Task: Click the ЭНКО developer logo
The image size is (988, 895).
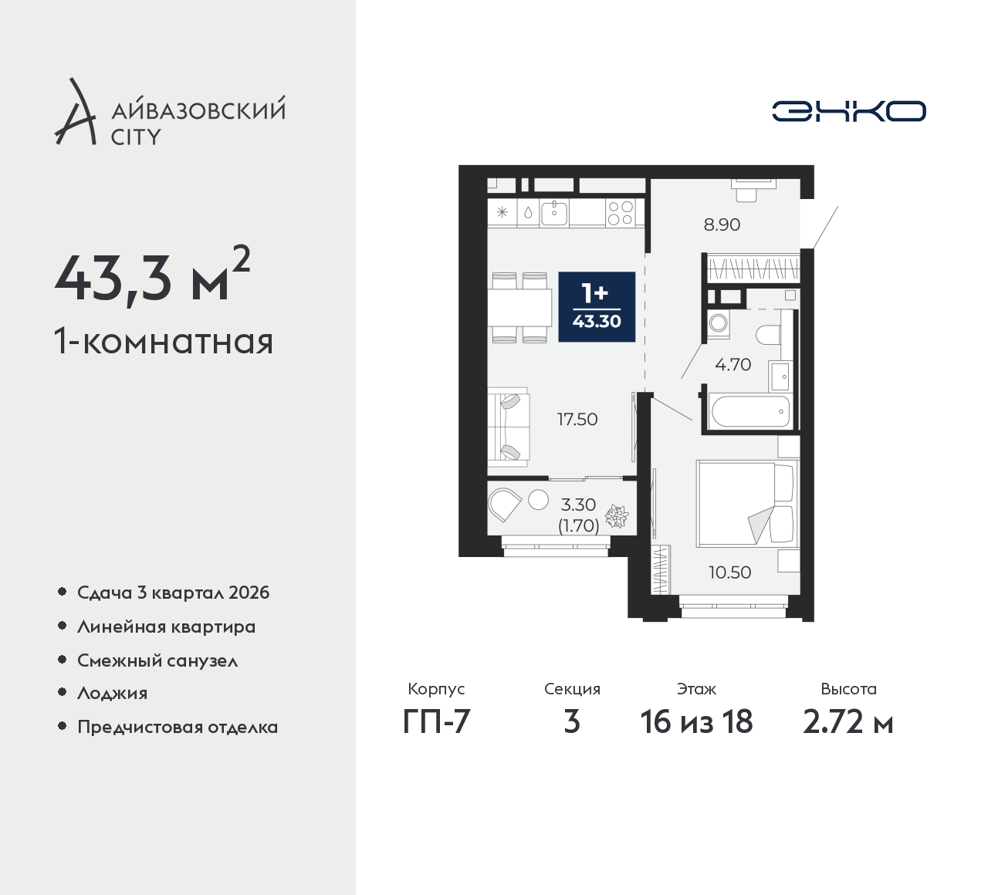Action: tap(848, 111)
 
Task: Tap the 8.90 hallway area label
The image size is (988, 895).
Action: tap(722, 225)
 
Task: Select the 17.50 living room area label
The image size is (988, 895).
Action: tap(577, 420)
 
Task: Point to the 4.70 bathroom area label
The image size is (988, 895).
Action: tap(733, 365)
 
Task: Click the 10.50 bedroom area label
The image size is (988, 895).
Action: tap(730, 572)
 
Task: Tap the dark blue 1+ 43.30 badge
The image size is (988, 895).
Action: tap(597, 307)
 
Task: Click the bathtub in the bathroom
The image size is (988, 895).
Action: tap(750, 411)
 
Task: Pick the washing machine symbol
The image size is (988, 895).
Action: tap(718, 324)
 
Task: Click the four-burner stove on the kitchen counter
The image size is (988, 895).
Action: tap(620, 213)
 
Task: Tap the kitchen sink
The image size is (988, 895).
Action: tap(554, 213)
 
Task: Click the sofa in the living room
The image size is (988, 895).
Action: tap(509, 427)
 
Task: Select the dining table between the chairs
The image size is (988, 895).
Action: tap(519, 308)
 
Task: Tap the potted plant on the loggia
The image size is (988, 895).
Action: tap(617, 516)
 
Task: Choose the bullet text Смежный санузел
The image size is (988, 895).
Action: tap(157, 660)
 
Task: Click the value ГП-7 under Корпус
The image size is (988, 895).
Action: tap(436, 722)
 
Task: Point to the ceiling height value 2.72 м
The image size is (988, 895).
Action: tap(848, 722)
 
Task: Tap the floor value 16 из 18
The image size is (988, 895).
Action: tap(696, 722)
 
